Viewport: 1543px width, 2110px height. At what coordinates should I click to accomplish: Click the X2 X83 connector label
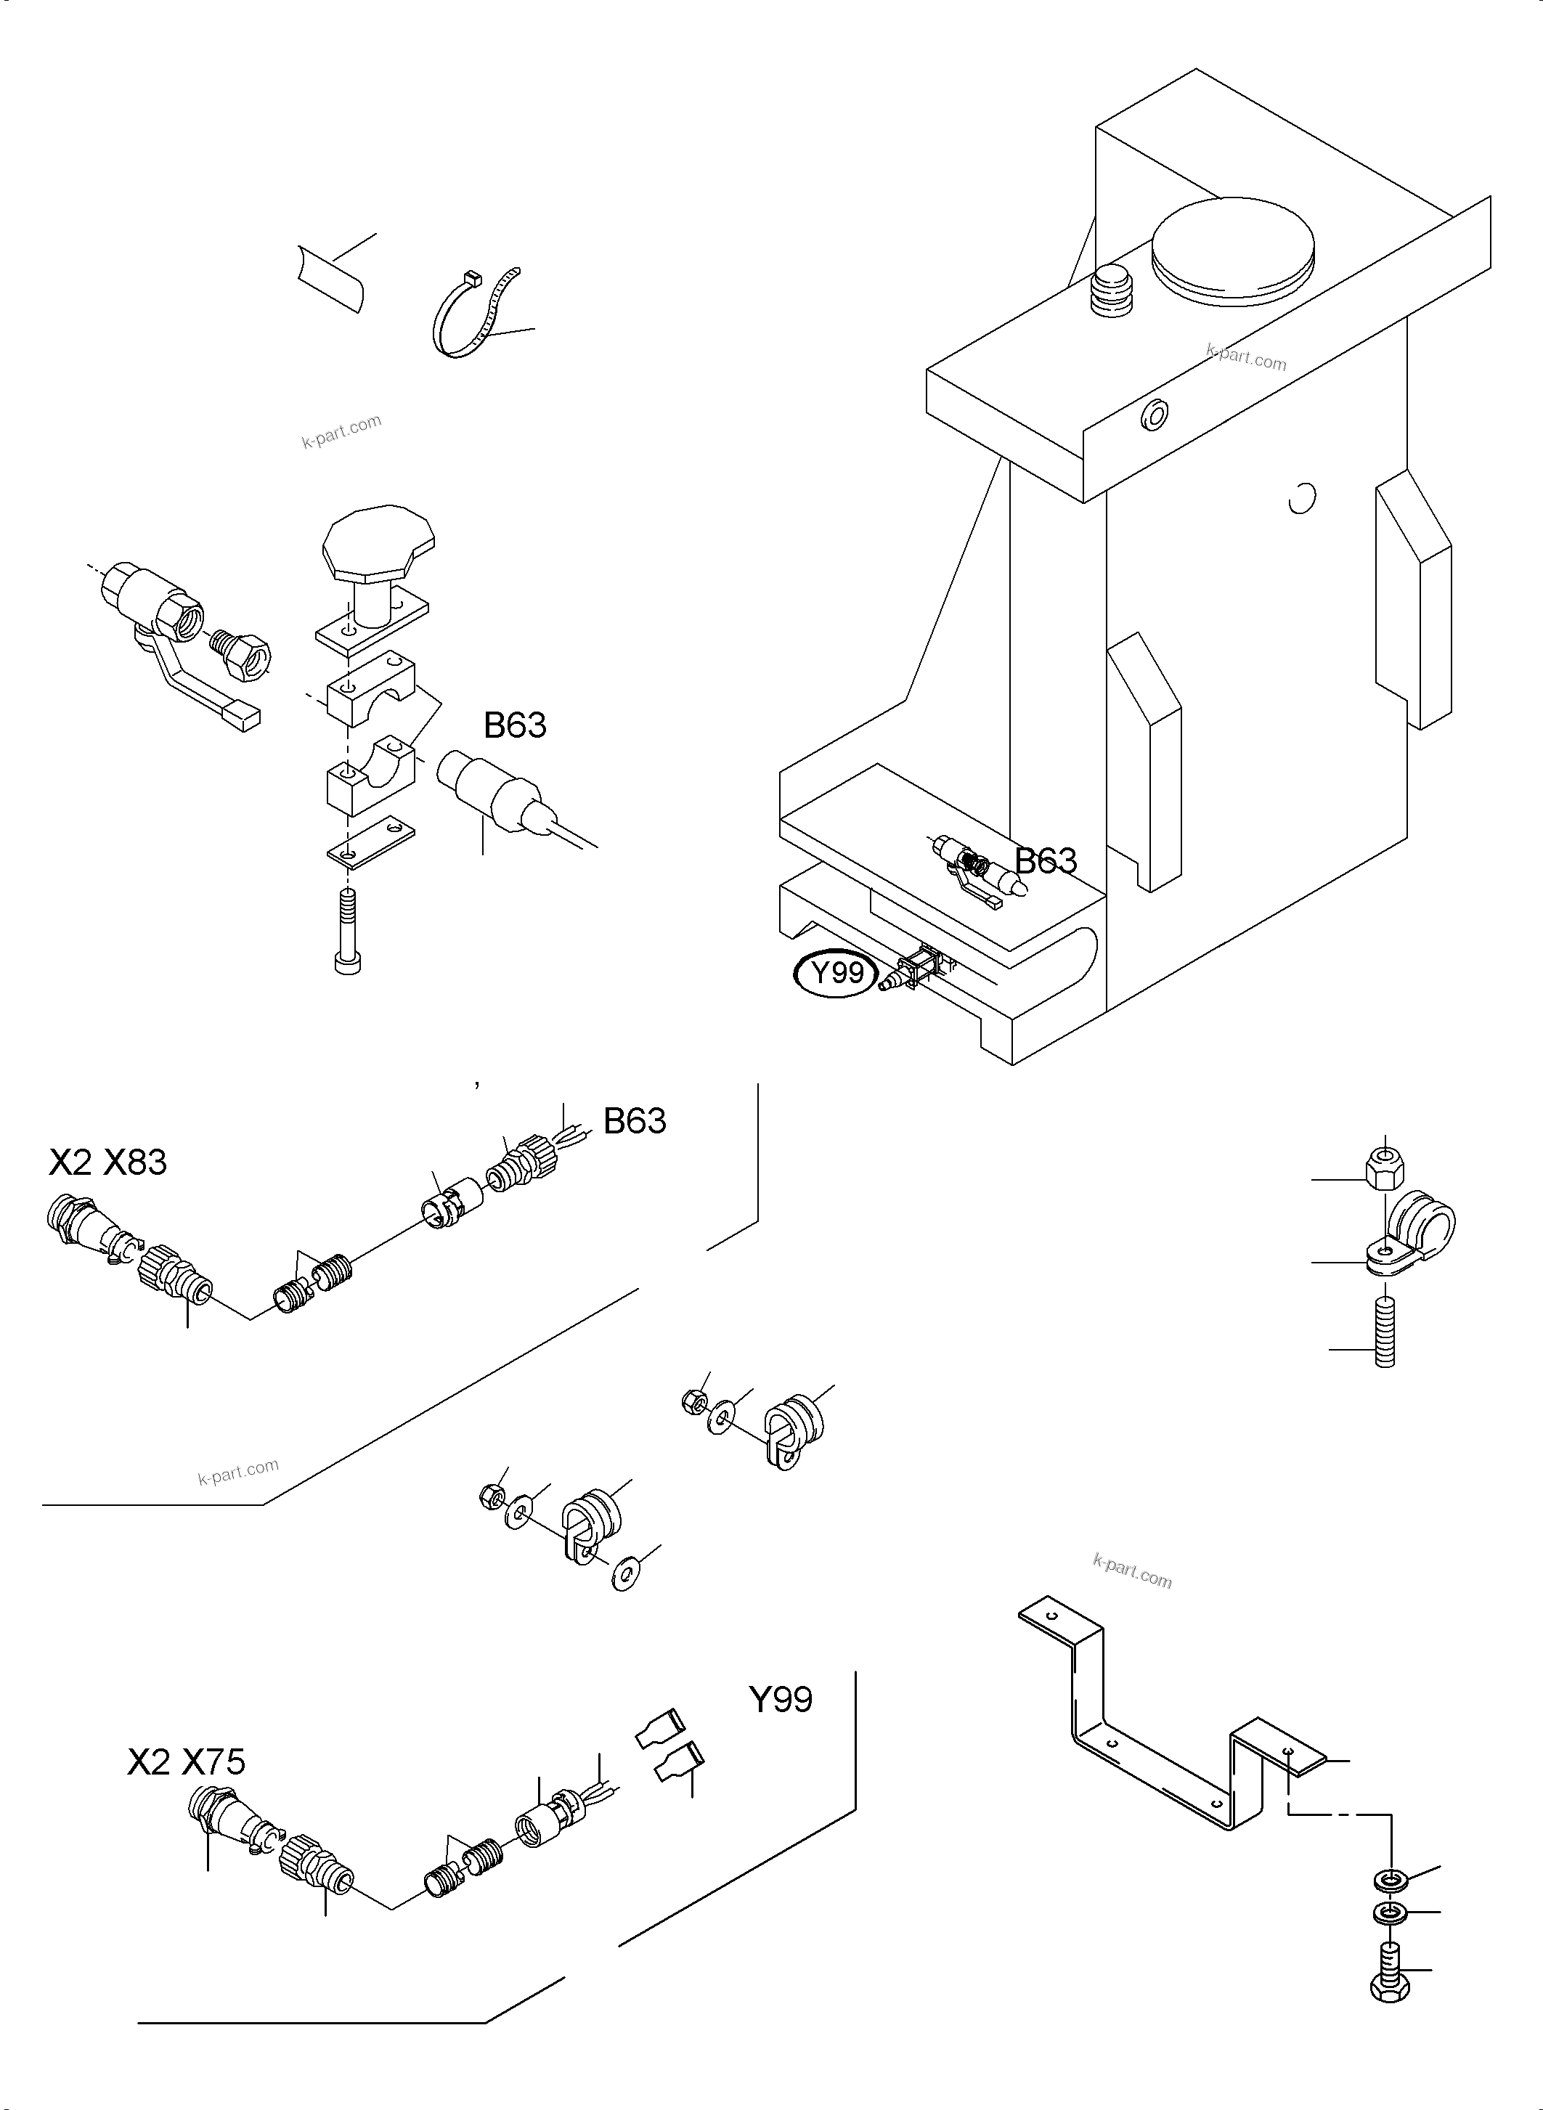coord(107,1162)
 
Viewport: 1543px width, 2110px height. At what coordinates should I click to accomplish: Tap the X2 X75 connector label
coord(186,1761)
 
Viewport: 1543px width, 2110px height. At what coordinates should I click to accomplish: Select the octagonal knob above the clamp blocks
coord(378,542)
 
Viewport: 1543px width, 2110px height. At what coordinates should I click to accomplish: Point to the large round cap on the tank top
coord(1232,245)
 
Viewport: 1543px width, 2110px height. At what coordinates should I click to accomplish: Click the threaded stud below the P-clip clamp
coord(1384,1336)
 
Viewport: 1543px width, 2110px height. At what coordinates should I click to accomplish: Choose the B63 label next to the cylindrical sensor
coord(515,725)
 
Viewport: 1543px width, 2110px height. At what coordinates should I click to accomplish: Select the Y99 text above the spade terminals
coord(780,1699)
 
